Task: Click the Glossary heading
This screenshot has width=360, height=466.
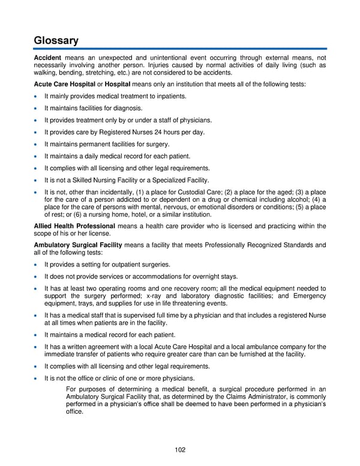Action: (56, 40)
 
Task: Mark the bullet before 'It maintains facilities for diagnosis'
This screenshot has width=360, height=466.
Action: (37, 108)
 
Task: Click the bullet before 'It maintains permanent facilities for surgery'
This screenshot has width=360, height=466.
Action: (37, 144)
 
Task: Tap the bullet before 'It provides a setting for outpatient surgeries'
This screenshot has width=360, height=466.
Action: (37, 264)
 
